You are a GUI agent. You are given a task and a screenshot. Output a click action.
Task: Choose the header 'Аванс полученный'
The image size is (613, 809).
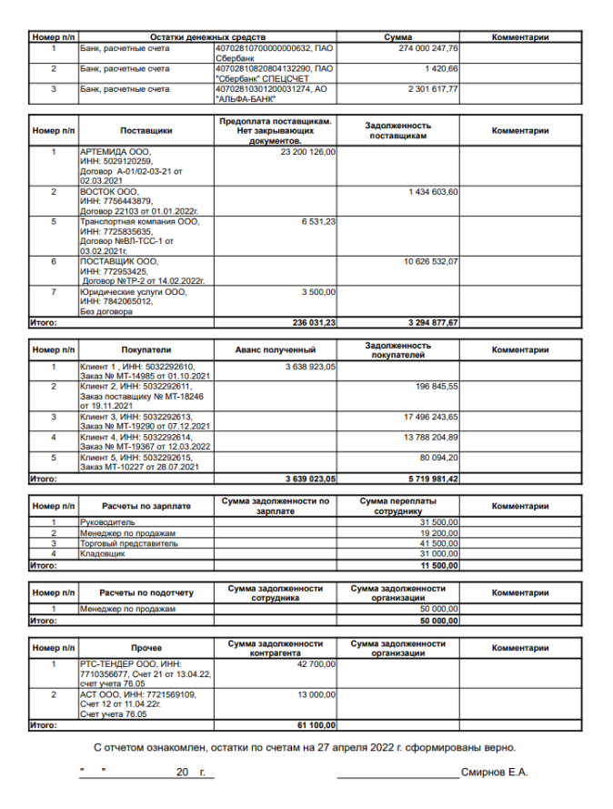275,349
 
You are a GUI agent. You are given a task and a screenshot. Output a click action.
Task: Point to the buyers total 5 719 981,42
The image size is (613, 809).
427,478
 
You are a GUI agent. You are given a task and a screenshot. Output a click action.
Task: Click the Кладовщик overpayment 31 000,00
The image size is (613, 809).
437,552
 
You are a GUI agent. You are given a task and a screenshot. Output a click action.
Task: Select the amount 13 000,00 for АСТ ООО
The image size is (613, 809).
317,694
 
